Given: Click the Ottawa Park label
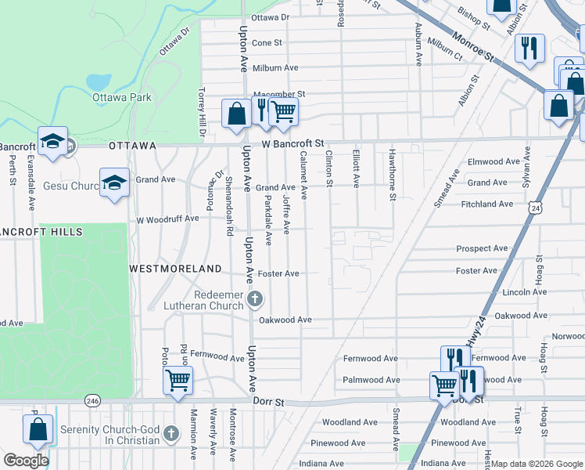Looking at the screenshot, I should coord(121,98).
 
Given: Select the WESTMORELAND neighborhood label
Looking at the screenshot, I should coord(175,268).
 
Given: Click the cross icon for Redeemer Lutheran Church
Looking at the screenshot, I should coord(256,298).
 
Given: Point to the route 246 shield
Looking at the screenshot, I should coord(93,400).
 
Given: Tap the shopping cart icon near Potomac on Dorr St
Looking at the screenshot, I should coord(178,381).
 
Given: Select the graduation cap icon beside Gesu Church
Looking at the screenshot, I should coord(114,183).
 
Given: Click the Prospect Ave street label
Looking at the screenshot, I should coord(482,249).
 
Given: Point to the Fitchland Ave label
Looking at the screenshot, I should coord(486,204).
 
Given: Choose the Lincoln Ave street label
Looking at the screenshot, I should coord(503,292).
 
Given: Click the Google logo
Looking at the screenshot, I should coord(26,461).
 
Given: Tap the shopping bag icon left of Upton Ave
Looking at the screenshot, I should coord(235,114).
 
